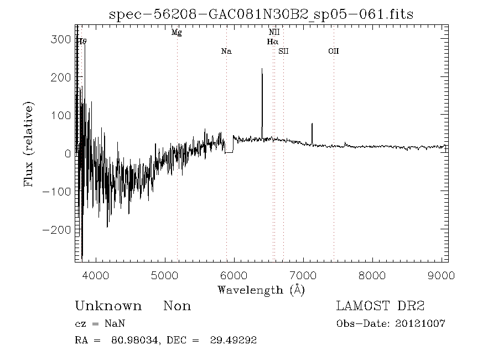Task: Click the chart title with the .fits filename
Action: pos(261,14)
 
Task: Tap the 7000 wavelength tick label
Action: pos(303,274)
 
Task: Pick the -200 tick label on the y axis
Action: pos(58,229)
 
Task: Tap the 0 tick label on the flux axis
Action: pos(68,153)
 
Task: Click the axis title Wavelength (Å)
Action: pos(261,289)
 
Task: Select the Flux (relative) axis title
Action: pos(29,144)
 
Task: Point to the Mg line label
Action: pos(177,33)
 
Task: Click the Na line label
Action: pos(226,52)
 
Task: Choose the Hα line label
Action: pos(272,42)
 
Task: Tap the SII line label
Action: pos(284,52)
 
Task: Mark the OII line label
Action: pos(333,52)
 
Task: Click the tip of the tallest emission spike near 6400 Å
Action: pos(262,69)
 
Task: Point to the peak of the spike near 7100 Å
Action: pos(312,124)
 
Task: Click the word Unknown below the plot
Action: pos(108,306)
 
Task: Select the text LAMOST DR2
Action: pos(380,306)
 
